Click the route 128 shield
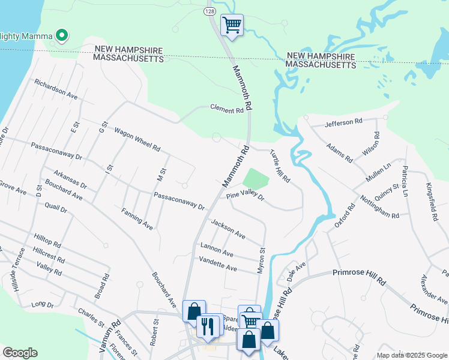(x=209, y=11)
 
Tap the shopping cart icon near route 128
(x=232, y=25)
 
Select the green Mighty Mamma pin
(x=61, y=37)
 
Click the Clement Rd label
(x=227, y=109)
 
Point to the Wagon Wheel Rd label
(x=137, y=139)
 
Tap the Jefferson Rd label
(x=344, y=122)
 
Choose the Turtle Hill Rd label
(x=280, y=166)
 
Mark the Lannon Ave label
(x=217, y=250)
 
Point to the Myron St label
(x=262, y=261)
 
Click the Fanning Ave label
(x=137, y=218)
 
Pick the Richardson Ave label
(x=56, y=89)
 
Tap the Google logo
(x=20, y=353)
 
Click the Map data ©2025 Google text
(x=411, y=355)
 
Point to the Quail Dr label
(x=55, y=209)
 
